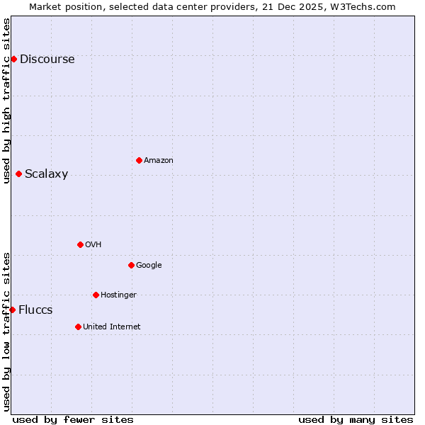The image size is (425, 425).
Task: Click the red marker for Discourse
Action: (x=13, y=59)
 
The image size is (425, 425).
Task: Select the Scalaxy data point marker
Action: (x=18, y=174)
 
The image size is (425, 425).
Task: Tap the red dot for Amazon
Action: (x=139, y=160)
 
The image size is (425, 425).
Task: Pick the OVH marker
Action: (x=80, y=244)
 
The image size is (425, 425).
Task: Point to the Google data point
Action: (x=131, y=265)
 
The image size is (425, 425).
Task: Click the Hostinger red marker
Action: (x=96, y=295)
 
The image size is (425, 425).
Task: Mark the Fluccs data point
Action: (x=12, y=310)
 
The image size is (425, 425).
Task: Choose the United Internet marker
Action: (x=78, y=327)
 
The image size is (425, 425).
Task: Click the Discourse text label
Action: (x=47, y=59)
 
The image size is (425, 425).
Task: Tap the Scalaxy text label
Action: (x=46, y=174)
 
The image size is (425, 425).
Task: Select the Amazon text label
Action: (x=158, y=161)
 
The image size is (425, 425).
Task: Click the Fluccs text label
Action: (x=35, y=310)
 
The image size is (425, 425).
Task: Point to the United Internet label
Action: (x=111, y=327)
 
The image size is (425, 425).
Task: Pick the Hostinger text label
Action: (x=118, y=295)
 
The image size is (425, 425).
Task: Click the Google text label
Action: (x=149, y=266)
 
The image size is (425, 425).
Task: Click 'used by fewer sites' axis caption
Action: (x=73, y=419)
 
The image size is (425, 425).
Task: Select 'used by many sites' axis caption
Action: (x=356, y=419)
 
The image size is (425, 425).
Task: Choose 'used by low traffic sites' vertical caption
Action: (x=6, y=331)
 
